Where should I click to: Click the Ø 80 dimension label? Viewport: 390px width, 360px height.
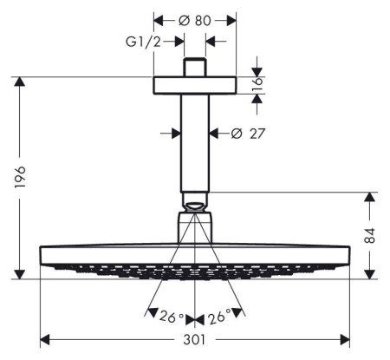pyautogui.click(x=196, y=20)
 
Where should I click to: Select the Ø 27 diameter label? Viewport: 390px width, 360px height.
pyautogui.click(x=245, y=133)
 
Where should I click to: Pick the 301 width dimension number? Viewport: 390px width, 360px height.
pyautogui.click(x=195, y=345)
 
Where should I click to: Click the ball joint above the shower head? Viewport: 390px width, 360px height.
pyautogui.click(x=195, y=206)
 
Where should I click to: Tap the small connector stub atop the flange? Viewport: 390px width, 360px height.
pyautogui.click(x=195, y=68)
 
